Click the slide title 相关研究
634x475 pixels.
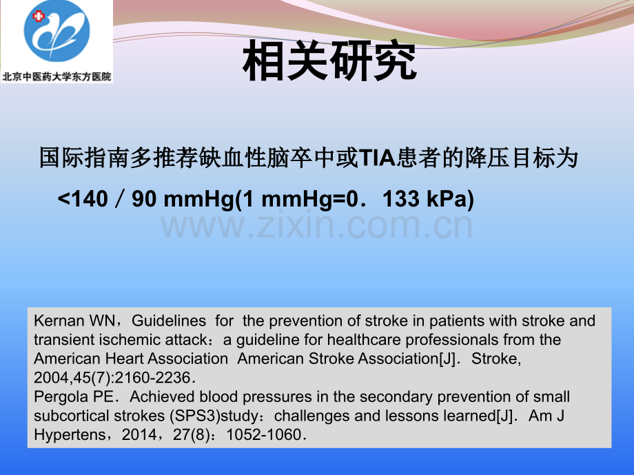coord(329,61)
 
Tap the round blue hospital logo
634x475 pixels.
coord(57,31)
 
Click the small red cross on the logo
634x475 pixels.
coord(39,16)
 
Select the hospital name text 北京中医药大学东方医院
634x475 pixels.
coord(57,76)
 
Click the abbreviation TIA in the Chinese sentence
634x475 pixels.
coord(377,158)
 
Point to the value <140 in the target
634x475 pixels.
coord(83,199)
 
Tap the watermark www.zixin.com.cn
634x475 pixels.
coord(316,226)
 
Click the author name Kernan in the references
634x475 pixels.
coord(59,321)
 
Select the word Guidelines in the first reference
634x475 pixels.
coord(169,321)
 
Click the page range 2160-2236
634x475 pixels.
coord(152,378)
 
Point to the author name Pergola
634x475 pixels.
coord(61,397)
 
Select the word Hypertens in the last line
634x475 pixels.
coord(70,434)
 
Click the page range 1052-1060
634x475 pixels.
coord(264,434)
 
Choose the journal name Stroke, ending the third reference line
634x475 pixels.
coord(496,359)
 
